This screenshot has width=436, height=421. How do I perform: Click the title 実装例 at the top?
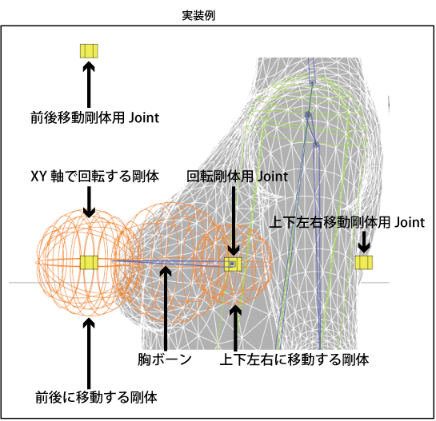(x=198, y=15)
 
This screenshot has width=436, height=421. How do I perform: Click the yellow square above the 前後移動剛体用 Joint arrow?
(x=89, y=51)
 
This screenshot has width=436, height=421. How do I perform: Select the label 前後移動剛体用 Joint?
(x=95, y=117)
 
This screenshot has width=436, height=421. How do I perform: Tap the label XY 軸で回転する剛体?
(x=94, y=177)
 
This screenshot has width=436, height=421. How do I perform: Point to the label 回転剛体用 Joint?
(x=237, y=177)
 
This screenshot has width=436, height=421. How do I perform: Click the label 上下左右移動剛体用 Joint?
(x=347, y=222)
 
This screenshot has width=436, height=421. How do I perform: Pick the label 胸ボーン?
(x=165, y=359)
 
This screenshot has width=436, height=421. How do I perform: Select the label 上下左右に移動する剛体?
(x=294, y=359)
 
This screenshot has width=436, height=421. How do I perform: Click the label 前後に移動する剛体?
(x=96, y=397)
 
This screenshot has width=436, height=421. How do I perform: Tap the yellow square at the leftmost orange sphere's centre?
(x=89, y=263)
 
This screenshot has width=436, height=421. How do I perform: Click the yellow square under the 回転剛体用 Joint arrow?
(x=233, y=264)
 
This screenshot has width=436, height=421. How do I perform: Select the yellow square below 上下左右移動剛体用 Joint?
(x=364, y=263)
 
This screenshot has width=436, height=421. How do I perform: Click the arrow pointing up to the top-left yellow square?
(x=89, y=85)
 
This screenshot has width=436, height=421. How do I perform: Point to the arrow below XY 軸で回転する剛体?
(x=89, y=202)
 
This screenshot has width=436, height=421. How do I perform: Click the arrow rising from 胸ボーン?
(x=166, y=308)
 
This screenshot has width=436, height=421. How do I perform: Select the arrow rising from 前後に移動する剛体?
(x=89, y=353)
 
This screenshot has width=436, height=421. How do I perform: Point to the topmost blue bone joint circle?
(x=312, y=82)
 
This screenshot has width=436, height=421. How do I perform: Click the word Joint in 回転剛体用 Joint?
(x=272, y=177)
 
